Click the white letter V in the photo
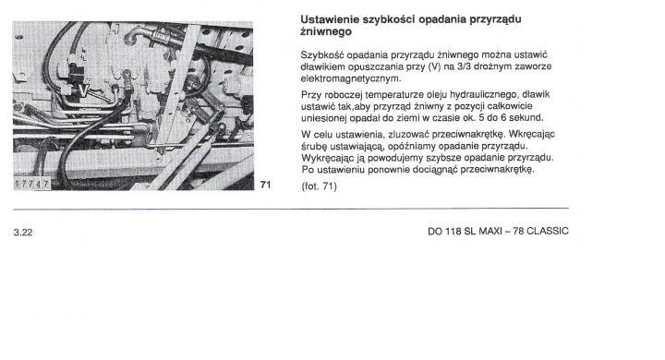(x=83, y=90)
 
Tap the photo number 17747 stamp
(x=31, y=184)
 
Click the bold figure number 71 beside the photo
(x=265, y=185)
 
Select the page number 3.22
(x=23, y=233)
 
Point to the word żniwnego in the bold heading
(x=326, y=31)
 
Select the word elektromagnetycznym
(x=351, y=78)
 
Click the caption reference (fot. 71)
(x=319, y=186)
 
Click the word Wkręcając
(x=531, y=135)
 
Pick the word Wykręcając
(x=324, y=158)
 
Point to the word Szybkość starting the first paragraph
(x=322, y=55)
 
